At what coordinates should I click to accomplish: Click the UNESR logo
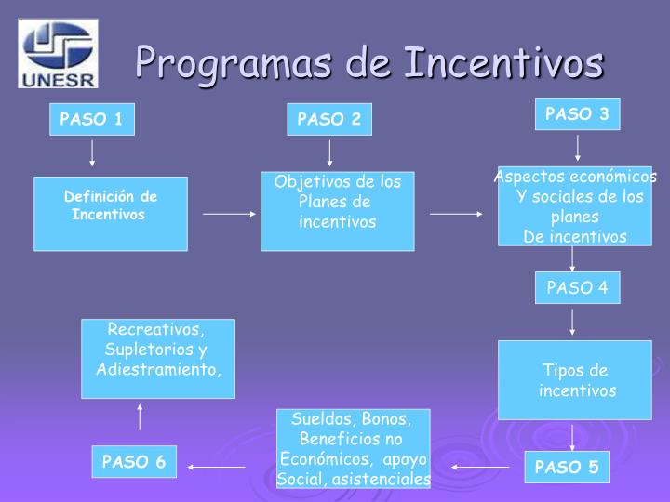tap(59, 54)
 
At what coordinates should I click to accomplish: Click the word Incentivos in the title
tap(502, 63)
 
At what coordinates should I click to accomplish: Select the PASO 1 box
tap(91, 119)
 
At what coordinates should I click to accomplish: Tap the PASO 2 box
tap(328, 119)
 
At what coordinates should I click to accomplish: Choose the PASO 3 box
tap(577, 114)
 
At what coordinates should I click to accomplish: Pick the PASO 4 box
tap(577, 287)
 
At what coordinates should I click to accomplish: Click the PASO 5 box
tap(567, 467)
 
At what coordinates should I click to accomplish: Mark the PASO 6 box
tap(134, 462)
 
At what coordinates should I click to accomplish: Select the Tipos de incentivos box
tap(574, 379)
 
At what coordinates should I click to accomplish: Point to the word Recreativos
tap(155, 330)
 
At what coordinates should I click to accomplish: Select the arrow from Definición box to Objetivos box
tap(228, 214)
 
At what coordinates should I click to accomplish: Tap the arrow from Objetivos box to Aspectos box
tap(456, 214)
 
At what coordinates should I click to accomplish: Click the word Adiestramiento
tap(159, 369)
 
